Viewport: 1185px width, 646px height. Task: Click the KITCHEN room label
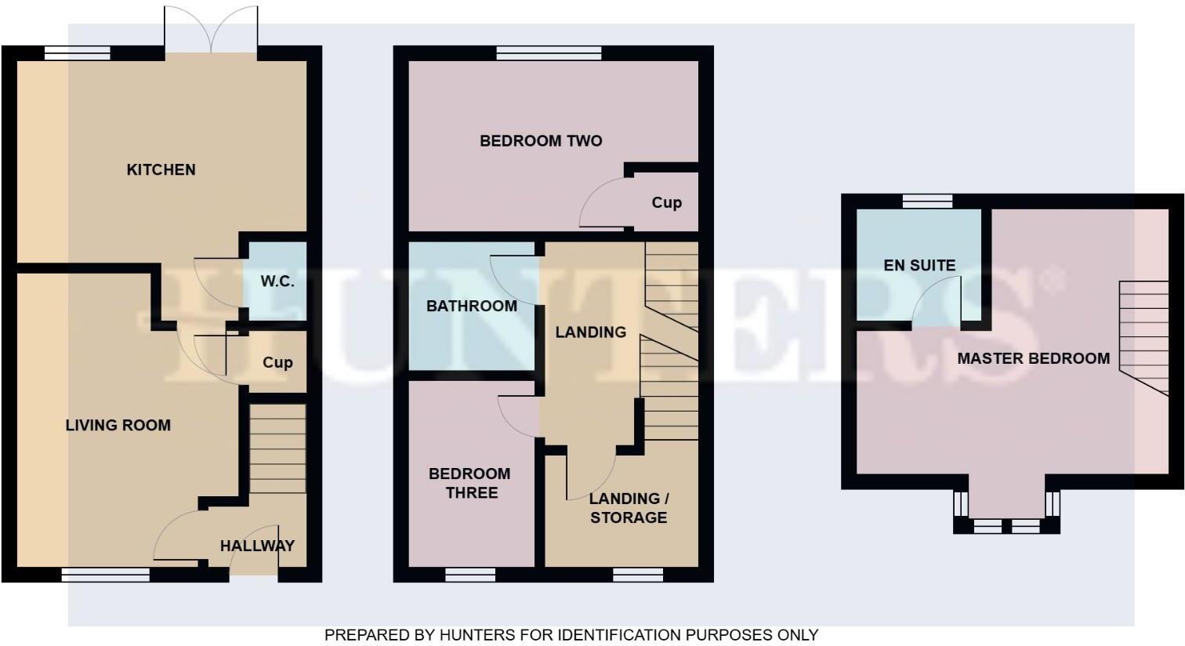(x=161, y=169)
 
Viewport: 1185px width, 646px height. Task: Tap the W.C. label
(x=277, y=281)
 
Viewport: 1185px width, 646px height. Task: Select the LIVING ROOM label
(x=118, y=425)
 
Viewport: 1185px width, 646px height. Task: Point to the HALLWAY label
(x=257, y=546)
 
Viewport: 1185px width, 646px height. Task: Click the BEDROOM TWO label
(x=541, y=141)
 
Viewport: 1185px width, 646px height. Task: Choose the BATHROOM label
(x=471, y=306)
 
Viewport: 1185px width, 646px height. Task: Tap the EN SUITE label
(x=919, y=265)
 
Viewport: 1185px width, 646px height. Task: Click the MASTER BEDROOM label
(x=1033, y=358)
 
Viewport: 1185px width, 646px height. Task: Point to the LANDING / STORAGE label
(x=629, y=508)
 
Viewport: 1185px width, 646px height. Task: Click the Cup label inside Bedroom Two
(x=666, y=202)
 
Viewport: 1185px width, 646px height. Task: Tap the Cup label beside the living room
(x=277, y=362)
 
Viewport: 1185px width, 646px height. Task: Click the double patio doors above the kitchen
(x=210, y=31)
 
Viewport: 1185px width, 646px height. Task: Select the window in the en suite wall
(x=927, y=201)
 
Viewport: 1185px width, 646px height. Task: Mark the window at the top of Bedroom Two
(x=549, y=53)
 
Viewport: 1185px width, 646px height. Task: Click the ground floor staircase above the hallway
(x=277, y=448)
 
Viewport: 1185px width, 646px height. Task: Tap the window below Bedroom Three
(x=470, y=575)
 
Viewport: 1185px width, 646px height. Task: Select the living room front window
(x=105, y=575)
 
